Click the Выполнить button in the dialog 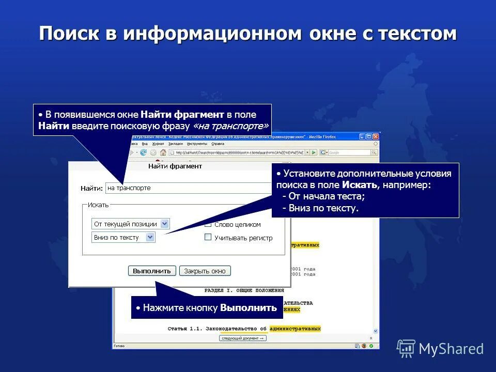coord(152,271)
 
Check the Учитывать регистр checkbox coord(208,237)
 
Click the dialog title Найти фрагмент coord(175,166)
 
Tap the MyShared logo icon coord(406,348)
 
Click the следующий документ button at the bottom coord(243,338)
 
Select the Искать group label coord(98,205)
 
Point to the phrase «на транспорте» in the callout coord(230,126)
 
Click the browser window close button coord(376,136)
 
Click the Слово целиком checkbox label coord(238,225)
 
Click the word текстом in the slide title coord(417,34)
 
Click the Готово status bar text coord(119,346)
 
